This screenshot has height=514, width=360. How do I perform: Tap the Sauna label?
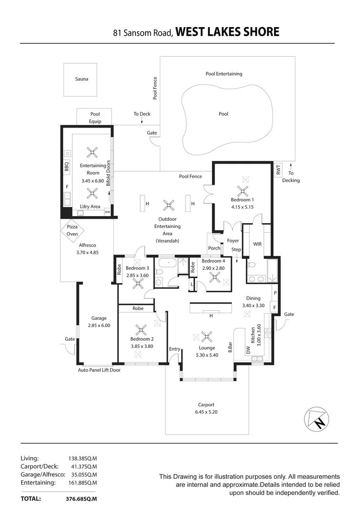coord(81,79)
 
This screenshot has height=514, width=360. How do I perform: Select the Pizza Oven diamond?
coord(72,230)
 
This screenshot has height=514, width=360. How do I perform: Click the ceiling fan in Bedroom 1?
coord(243,191)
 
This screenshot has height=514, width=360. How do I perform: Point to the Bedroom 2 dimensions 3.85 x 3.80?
coord(142,346)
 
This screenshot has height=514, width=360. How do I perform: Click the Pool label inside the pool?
coord(224,114)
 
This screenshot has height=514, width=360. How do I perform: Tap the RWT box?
coord(278,170)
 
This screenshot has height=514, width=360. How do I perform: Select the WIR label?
coord(257,244)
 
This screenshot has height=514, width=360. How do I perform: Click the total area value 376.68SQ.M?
coord(81,499)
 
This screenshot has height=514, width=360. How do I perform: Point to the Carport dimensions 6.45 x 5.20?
coord(206,412)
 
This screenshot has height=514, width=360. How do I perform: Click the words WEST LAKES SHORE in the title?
coord(227,32)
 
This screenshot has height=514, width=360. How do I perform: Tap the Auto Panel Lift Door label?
coord(99,369)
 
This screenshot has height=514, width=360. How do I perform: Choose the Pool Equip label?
coord(95,118)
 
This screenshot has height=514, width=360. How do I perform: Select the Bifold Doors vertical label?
coord(108,172)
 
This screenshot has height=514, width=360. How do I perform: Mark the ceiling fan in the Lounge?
coord(206,336)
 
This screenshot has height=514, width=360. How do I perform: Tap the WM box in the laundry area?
coord(107,212)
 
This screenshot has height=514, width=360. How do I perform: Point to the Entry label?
coord(175,349)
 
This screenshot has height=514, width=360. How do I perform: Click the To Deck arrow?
coord(142,122)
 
